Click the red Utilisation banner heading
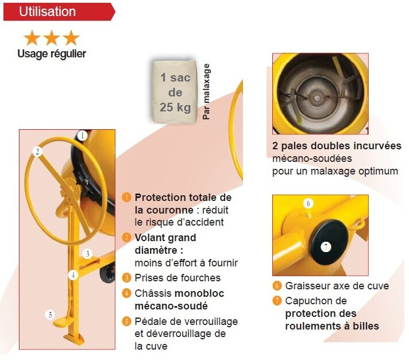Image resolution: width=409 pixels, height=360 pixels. click(x=59, y=11)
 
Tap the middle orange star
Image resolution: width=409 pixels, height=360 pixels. click(x=51, y=38)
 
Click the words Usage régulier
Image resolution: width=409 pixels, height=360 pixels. click(x=52, y=54)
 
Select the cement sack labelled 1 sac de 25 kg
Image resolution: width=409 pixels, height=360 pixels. click(x=175, y=92)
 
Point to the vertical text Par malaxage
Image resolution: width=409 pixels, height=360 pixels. click(x=206, y=91)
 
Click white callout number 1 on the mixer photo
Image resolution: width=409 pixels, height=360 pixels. click(x=82, y=136)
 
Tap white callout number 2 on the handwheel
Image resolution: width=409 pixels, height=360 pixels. click(x=37, y=152)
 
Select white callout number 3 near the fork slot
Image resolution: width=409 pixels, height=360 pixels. click(x=88, y=254)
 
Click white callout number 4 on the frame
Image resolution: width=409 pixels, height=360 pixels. click(x=74, y=275)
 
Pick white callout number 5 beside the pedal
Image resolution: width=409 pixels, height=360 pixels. click(x=50, y=315)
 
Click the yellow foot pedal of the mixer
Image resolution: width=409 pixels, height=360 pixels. click(x=61, y=322)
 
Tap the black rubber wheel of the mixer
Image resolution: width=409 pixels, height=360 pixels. click(x=108, y=273)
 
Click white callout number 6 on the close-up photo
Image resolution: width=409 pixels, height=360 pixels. click(x=308, y=203)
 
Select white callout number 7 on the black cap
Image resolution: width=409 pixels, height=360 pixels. click(x=326, y=247)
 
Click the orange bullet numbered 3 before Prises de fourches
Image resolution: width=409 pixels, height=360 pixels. click(x=126, y=278)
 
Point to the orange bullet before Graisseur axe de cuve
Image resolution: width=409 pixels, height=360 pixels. click(x=277, y=286)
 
